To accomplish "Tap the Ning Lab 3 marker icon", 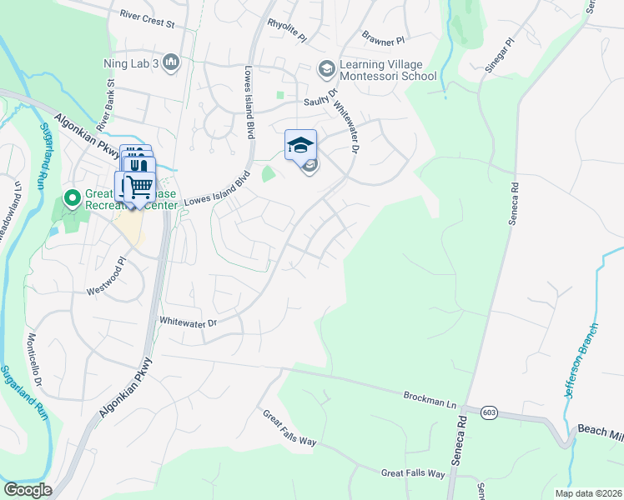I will coord(172,62).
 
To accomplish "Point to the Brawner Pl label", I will coord(383,38).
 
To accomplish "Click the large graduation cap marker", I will coord(300,146).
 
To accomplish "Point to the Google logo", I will coord(28,490).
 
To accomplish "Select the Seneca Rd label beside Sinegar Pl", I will coord(515,204).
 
